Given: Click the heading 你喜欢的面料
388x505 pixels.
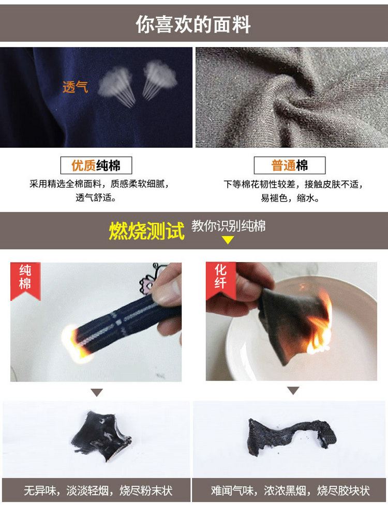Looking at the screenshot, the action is click(193, 24).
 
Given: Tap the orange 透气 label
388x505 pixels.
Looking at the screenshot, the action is click(75, 87).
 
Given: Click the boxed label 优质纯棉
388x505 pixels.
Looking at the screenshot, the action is click(96, 165).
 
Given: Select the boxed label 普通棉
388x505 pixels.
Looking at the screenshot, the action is click(289, 165).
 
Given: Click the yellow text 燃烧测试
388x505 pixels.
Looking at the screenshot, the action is click(146, 231).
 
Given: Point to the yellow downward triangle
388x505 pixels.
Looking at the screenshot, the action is click(228, 240).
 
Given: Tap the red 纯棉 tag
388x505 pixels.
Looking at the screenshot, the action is click(25, 280).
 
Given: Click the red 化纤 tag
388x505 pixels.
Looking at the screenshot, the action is click(221, 278).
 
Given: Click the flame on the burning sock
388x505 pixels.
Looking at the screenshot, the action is click(75, 344).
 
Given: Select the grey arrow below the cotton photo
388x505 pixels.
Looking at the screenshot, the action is click(97, 392).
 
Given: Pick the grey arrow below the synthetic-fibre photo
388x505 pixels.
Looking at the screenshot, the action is click(293, 391).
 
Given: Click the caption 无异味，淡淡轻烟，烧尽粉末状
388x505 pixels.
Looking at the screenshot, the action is click(98, 491).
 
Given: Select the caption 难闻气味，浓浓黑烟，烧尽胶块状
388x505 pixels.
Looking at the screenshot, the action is click(290, 491).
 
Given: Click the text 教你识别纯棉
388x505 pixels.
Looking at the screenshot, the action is click(229, 226).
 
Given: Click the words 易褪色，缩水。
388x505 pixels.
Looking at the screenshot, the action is click(290, 198).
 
